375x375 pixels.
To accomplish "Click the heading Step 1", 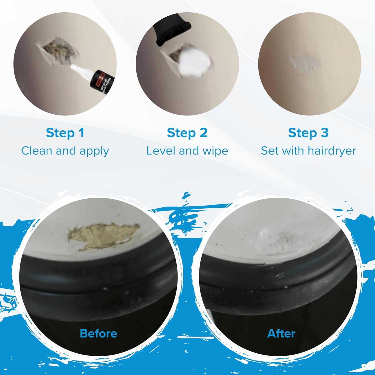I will pos(65,133).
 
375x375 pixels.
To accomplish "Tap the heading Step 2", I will pos(187,133).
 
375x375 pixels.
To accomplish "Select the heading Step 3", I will pos(308,133).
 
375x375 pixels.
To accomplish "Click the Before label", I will pos(98,333).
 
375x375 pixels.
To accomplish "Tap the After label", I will pos(281,333).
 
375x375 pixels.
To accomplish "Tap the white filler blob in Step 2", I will pos(194,62).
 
